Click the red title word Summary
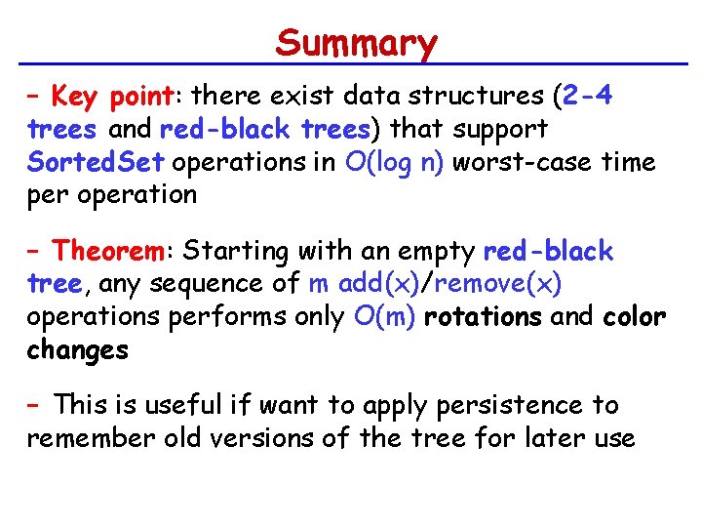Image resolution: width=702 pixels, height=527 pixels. tap(356, 43)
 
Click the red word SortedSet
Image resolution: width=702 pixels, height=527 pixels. tap(98, 162)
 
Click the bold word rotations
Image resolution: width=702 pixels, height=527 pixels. tap(484, 317)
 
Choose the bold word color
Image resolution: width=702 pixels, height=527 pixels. tap(634, 317)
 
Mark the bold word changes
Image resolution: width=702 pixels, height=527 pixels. tap(77, 350)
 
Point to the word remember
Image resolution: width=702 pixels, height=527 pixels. tap(90, 438)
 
